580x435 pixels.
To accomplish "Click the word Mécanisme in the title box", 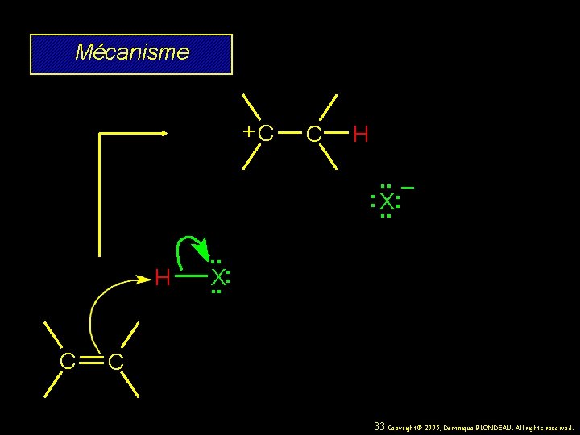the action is (x=132, y=53).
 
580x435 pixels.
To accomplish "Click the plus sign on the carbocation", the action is (x=251, y=130).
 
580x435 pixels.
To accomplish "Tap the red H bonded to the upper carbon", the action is (x=361, y=135).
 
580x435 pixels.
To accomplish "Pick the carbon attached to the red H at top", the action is (x=314, y=135).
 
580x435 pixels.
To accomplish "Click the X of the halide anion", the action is (x=387, y=201).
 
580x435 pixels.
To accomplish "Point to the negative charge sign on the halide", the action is (x=408, y=188).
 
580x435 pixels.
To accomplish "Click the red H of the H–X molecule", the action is (x=162, y=280).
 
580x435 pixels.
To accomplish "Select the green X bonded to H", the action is (x=217, y=279).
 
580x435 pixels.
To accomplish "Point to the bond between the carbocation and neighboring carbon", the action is (x=290, y=134).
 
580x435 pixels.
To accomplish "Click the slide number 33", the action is (x=379, y=426).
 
